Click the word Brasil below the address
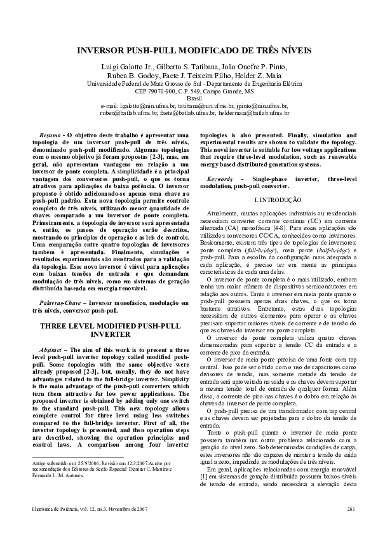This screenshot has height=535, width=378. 189,98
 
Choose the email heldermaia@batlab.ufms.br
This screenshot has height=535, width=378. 253,112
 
